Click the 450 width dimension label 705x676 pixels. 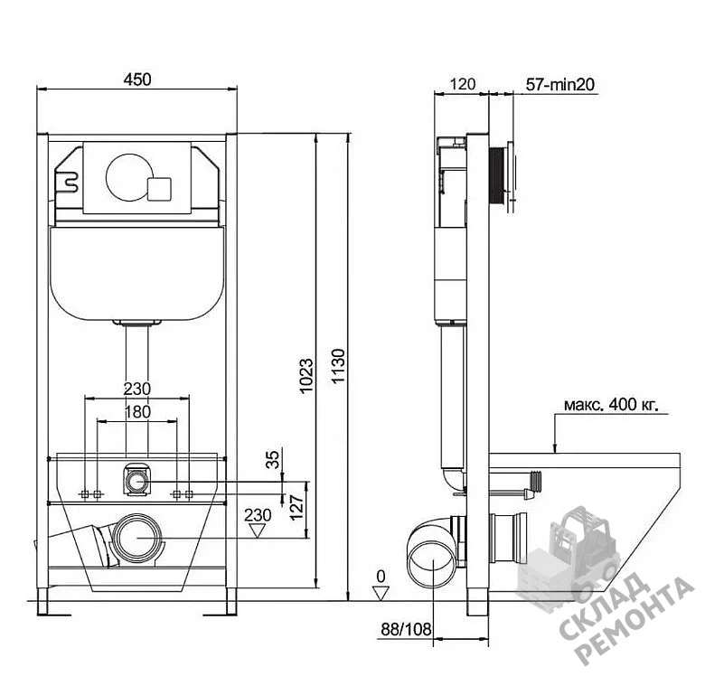point(137,80)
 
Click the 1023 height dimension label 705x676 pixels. point(306,376)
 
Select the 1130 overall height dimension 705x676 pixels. point(338,365)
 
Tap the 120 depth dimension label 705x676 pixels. point(462,84)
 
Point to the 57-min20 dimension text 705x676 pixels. point(560,84)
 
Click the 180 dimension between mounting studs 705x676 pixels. point(137,412)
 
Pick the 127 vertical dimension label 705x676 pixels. point(296,508)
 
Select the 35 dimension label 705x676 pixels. point(272,459)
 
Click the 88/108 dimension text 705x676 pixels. point(406,630)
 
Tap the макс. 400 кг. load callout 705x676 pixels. point(611,405)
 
